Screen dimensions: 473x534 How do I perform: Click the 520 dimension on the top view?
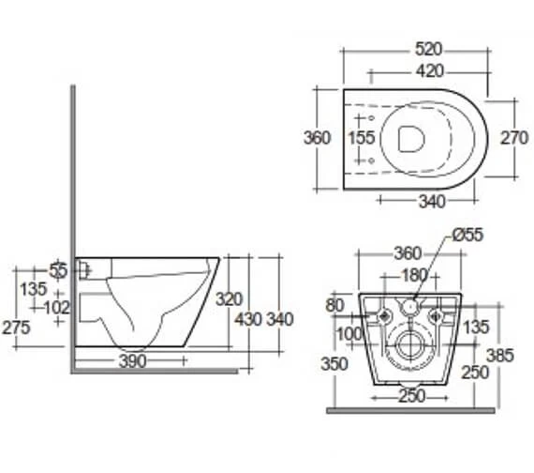(424, 49)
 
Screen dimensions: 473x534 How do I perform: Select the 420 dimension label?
(424, 71)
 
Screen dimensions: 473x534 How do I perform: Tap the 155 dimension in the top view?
(362, 138)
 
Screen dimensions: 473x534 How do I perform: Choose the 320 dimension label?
(229, 299)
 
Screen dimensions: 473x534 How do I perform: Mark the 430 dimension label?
(248, 319)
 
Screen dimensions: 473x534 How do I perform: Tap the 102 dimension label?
(57, 306)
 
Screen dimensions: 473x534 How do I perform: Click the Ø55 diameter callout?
(466, 235)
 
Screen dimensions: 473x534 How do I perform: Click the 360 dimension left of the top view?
(317, 138)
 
